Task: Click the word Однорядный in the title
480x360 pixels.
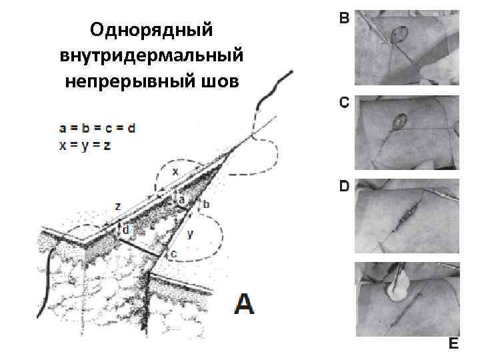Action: click(x=151, y=29)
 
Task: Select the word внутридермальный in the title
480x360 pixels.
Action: click(x=151, y=55)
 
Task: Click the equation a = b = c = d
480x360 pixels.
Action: click(x=97, y=128)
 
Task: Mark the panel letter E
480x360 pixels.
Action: click(x=453, y=343)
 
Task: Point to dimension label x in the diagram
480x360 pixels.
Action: click(x=175, y=171)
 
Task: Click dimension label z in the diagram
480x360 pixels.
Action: click(x=117, y=207)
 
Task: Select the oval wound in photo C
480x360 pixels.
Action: click(x=400, y=121)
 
